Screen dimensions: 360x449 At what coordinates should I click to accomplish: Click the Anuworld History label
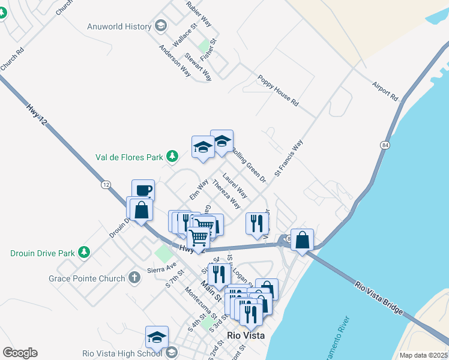click(119, 26)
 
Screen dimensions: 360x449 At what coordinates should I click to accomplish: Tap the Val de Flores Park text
click(130, 158)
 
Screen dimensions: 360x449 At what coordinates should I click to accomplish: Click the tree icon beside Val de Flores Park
click(173, 157)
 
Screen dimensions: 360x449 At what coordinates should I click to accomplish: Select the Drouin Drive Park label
click(43, 253)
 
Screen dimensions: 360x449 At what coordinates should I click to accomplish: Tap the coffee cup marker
click(143, 191)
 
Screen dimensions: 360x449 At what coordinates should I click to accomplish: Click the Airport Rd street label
click(385, 90)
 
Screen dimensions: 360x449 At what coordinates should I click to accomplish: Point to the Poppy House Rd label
click(278, 91)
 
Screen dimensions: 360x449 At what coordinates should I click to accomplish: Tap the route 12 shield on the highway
click(106, 185)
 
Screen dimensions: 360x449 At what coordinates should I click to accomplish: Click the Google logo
click(19, 353)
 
